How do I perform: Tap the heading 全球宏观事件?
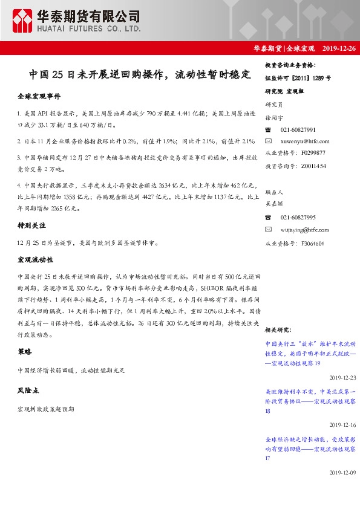point(39,96)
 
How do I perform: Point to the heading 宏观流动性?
point(34,259)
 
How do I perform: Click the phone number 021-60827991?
point(298,130)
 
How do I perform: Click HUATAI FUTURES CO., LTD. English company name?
point(89,28)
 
